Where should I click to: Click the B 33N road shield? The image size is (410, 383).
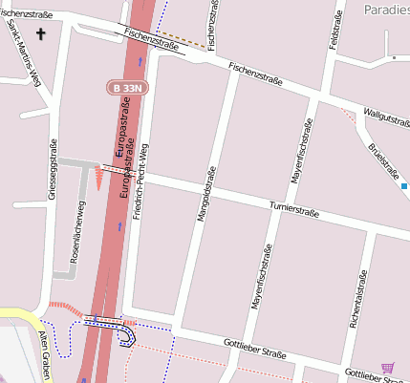click(x=126, y=87)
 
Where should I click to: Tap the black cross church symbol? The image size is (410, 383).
click(x=40, y=34)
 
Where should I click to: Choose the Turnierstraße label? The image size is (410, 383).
click(x=293, y=208)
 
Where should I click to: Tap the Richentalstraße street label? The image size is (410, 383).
click(x=357, y=301)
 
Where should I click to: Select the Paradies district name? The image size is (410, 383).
click(x=387, y=9)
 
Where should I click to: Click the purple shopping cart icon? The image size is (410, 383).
click(x=387, y=367)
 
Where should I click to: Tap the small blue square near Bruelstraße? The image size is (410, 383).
click(x=404, y=185)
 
